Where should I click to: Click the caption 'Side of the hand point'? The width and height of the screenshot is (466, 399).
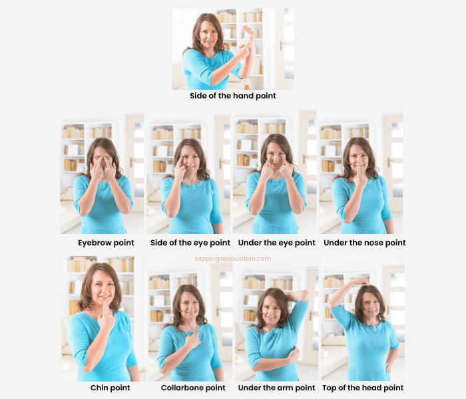coord(232,96)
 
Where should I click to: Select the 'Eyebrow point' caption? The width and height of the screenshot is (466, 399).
coord(106,243)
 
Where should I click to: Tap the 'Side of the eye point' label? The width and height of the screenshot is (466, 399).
coord(190,243)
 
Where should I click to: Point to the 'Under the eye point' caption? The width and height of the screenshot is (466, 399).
coord(276,243)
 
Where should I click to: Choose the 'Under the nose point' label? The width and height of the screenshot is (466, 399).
coord(363,243)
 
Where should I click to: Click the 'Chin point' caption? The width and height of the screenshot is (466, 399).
coord(110,388)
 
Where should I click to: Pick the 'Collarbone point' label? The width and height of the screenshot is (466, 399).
coord(193,388)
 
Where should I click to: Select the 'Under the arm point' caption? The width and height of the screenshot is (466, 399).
coord(277,388)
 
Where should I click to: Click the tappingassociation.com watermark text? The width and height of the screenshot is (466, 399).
coord(233,259)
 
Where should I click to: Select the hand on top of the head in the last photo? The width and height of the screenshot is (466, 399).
coord(360,283)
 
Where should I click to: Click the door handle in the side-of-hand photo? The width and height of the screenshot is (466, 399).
coord(282,46)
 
